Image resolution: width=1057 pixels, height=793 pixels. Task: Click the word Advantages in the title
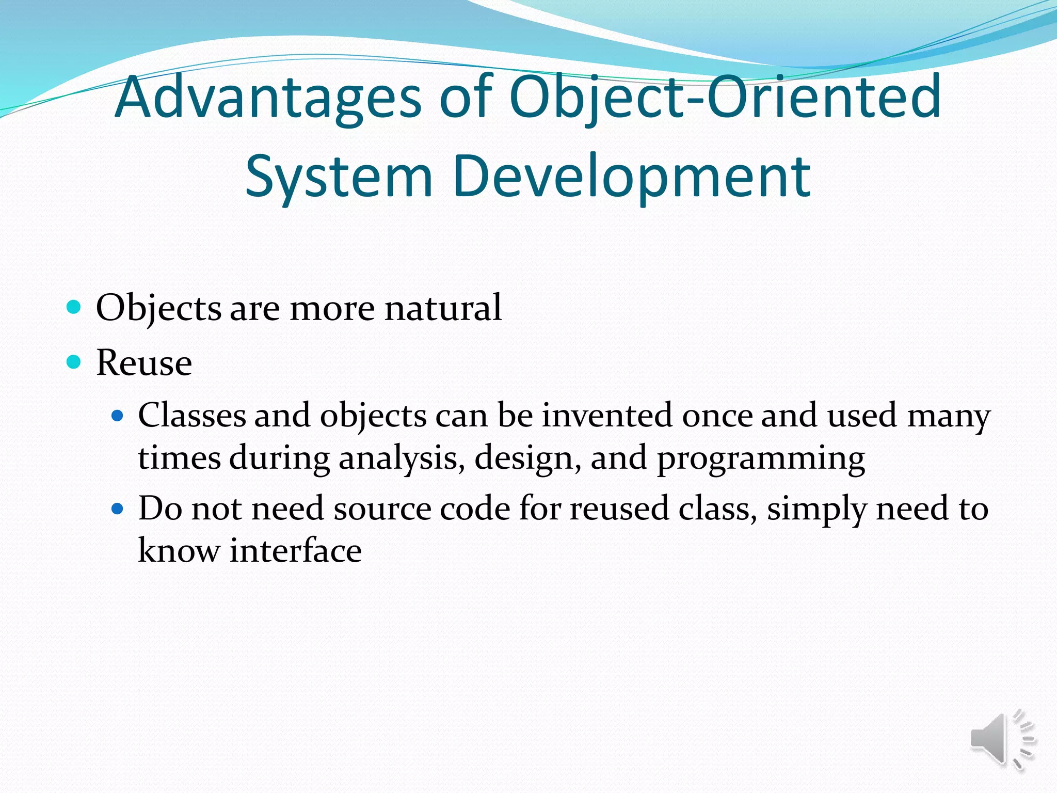coord(268,98)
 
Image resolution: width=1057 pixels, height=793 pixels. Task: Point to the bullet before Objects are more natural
coord(74,308)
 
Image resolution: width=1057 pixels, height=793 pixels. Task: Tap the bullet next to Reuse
coord(74,362)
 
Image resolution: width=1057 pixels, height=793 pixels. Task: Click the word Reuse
coord(144,363)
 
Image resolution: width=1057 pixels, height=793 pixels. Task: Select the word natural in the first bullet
coord(443,308)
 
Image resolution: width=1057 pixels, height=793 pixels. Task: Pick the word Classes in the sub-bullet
coord(192,416)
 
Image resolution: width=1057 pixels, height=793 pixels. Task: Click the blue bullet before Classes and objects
coord(118,416)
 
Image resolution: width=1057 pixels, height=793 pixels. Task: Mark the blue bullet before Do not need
coord(118,509)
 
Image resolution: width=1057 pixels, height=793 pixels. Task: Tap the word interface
coord(295,550)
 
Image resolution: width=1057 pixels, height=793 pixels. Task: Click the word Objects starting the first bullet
coord(159,309)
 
